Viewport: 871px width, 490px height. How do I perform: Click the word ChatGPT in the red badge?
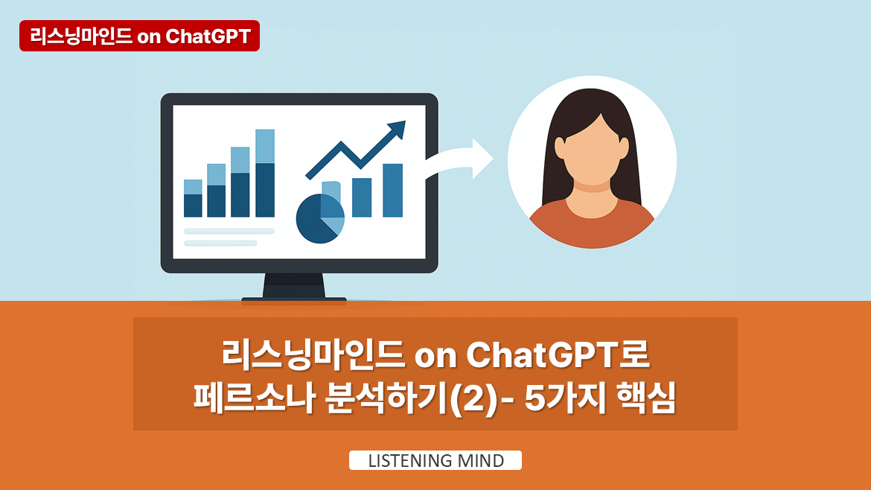[208, 36]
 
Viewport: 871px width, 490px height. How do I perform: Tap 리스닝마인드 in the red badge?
[81, 36]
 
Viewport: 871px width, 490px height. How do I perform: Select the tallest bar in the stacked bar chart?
[265, 173]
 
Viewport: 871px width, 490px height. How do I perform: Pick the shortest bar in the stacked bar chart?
[193, 198]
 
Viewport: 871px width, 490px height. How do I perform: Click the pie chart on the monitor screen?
[320, 218]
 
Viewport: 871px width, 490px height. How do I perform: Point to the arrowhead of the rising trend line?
[398, 128]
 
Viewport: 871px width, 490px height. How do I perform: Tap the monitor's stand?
[294, 287]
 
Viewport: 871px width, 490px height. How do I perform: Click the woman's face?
[592, 150]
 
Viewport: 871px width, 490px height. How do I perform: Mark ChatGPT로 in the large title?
[558, 354]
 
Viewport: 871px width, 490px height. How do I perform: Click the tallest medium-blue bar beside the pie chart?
[393, 190]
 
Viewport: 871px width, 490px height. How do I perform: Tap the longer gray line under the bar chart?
[229, 231]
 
